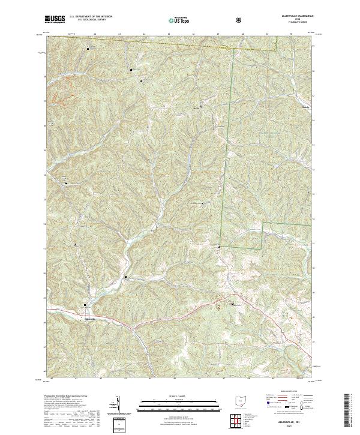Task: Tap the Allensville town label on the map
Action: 88,319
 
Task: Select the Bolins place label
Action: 195,109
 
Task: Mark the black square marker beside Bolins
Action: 201,107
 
